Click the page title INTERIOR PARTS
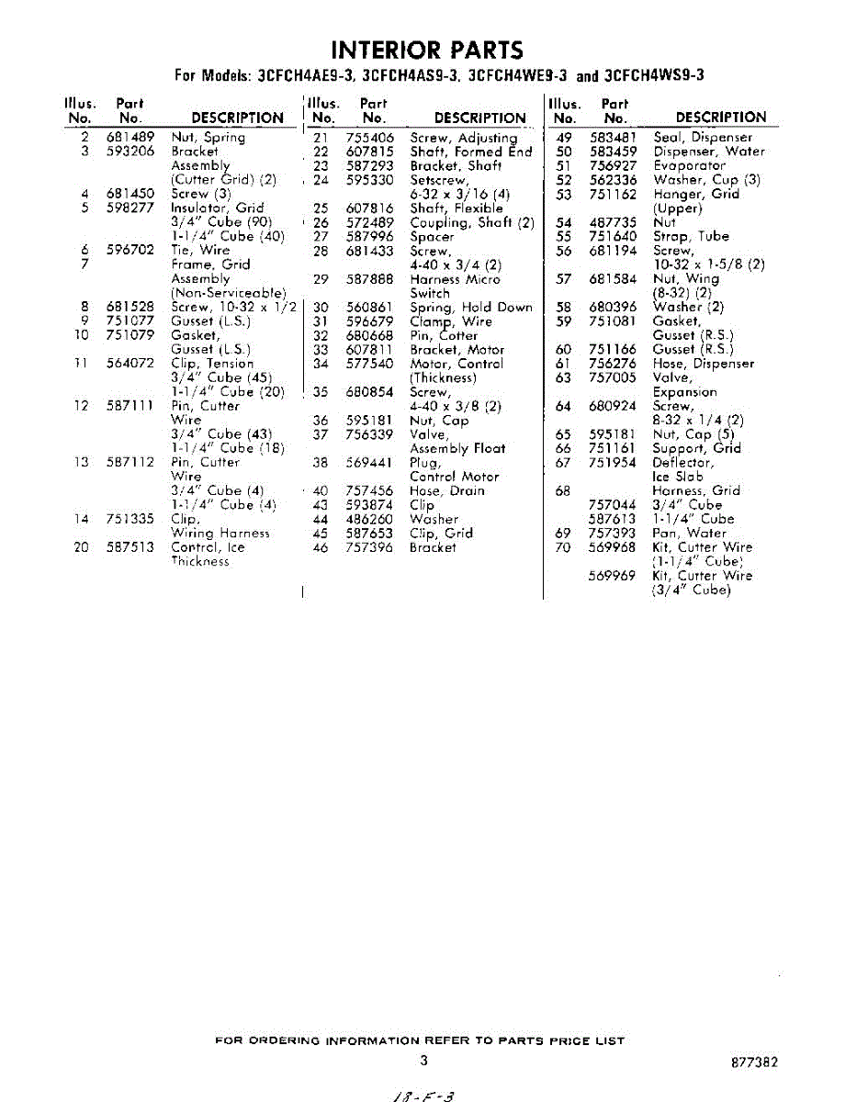[x=427, y=50]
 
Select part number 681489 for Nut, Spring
[x=129, y=138]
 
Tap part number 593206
[x=129, y=152]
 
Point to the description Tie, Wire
[x=200, y=250]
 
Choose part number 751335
[x=129, y=519]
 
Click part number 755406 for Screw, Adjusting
[x=370, y=138]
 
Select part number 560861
[x=370, y=308]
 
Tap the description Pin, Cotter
[x=444, y=335]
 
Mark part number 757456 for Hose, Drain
[x=370, y=491]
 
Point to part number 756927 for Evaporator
[x=613, y=165]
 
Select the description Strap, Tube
[x=691, y=236]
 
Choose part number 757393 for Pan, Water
[x=613, y=533]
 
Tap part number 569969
[x=613, y=576]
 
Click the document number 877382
[x=755, y=1062]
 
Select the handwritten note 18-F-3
[x=424, y=1094]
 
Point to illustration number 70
[x=564, y=547]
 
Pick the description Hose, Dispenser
[x=704, y=364]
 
